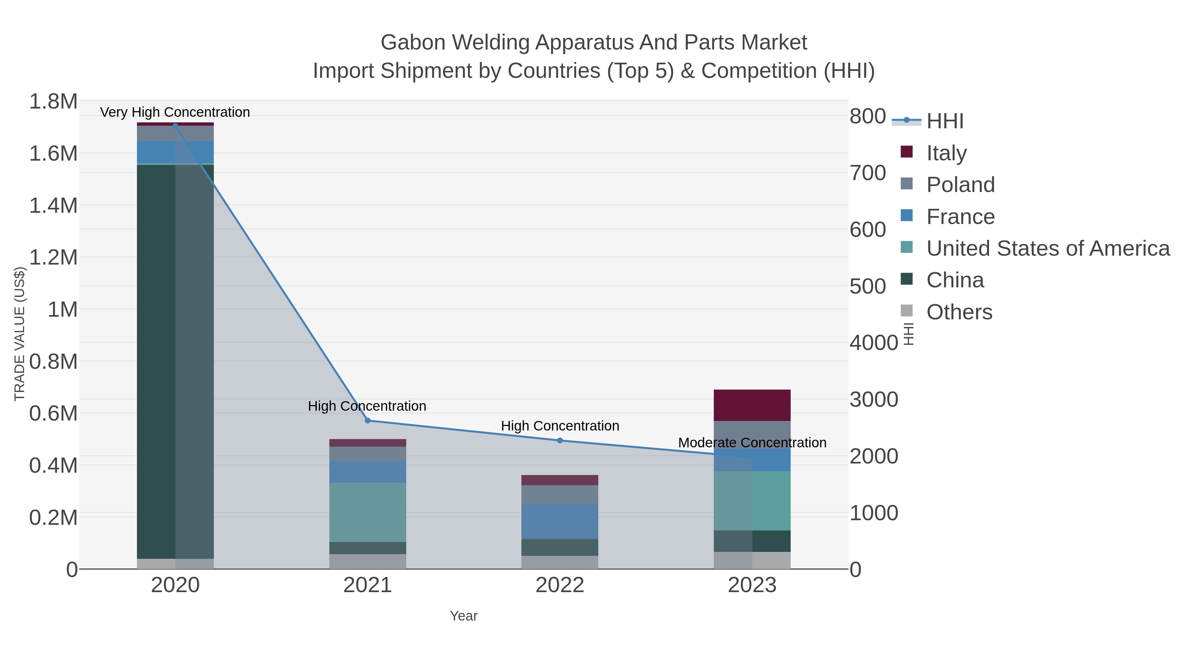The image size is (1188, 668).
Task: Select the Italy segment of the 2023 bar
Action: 752,405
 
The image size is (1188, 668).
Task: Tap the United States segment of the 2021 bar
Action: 368,512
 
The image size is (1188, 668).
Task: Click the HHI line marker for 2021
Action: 368,421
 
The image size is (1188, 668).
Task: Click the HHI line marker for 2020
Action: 175,125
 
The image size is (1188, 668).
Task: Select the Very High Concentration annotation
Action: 175,112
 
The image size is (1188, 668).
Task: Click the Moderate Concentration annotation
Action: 752,443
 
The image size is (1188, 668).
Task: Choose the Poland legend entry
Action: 960,185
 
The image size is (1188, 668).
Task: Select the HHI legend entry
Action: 944,121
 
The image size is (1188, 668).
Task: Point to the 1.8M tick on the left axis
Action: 53,101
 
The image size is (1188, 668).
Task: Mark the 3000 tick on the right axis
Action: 874,400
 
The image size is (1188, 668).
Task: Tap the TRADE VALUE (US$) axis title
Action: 19,334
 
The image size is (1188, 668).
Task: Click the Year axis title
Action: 464,616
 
